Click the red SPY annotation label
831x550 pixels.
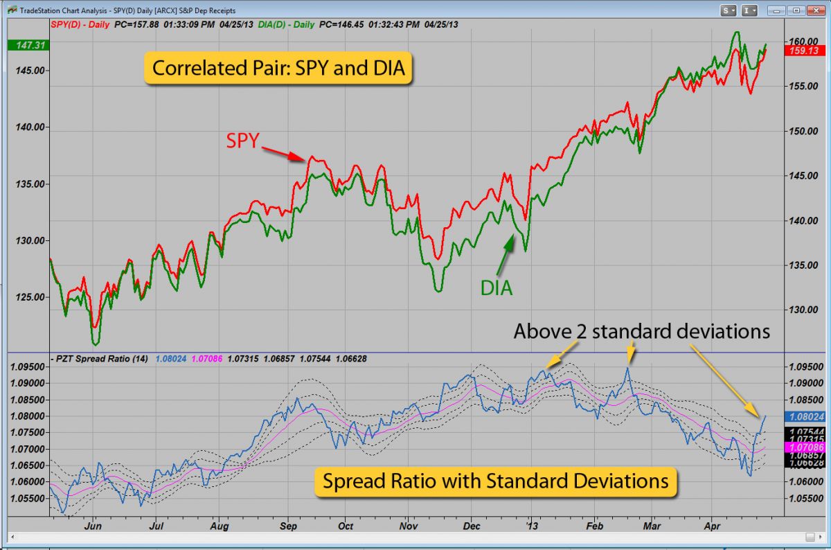242,141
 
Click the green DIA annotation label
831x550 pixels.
497,287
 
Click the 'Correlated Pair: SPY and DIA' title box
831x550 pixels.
278,69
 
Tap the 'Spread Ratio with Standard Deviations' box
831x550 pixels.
494,480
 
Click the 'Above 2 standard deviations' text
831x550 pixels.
641,332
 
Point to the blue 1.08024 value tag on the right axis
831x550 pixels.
806,417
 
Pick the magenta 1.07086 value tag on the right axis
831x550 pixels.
806,448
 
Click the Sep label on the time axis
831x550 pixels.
288,526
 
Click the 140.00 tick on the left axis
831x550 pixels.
30,127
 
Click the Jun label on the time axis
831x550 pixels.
92,526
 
